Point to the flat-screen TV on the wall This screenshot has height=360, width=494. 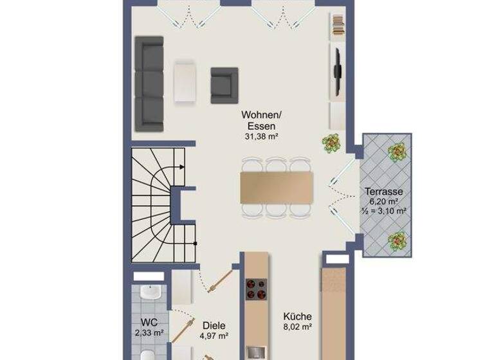click(x=336, y=71)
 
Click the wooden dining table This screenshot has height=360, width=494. click(x=277, y=187)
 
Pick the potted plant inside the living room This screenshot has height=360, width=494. click(x=332, y=143)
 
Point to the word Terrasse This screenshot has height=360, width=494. click(x=384, y=192)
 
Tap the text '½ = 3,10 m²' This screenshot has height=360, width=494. click(x=385, y=210)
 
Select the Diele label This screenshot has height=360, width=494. click(x=214, y=325)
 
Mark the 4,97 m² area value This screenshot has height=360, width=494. click(x=214, y=336)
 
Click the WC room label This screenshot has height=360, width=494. click(x=149, y=322)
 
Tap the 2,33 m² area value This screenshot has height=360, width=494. click(x=149, y=332)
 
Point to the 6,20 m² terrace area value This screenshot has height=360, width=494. click(x=384, y=201)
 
